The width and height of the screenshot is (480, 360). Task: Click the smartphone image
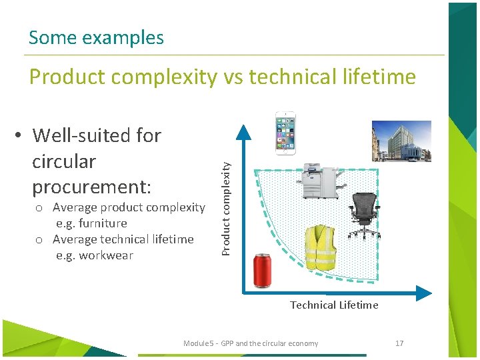(285, 133)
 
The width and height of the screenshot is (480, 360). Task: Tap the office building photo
(401, 141)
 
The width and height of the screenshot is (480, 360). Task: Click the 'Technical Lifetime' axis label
(334, 305)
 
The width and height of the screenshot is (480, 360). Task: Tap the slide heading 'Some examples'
(96, 37)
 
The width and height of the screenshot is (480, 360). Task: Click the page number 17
(399, 343)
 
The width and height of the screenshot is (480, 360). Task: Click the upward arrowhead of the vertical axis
(245, 129)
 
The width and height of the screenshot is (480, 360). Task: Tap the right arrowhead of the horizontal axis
(423, 293)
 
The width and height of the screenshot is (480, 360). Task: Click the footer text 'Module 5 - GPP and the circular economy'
(251, 343)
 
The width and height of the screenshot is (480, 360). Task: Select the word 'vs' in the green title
(233, 77)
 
